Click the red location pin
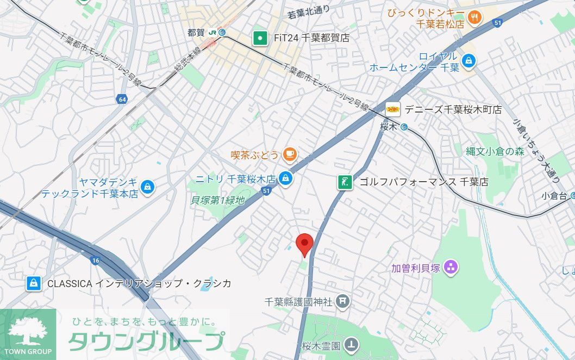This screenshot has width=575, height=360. pos(304,244)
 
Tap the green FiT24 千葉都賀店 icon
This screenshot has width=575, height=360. pos(261,38)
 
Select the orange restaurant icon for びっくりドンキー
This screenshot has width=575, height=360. pos(474,17)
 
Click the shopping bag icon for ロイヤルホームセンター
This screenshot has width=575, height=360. pos(468,61)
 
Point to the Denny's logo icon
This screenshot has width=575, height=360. pos(393,109)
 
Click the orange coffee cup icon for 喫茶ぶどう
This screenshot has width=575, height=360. pos(289,155)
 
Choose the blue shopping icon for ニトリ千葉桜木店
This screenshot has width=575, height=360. pos(285,178)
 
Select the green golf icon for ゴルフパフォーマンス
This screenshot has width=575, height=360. pos(345,182)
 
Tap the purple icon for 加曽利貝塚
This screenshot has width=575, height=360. pos(451,267)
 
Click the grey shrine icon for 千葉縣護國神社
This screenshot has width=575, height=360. pos(342,301)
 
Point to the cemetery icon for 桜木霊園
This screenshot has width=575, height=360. pos(352,344)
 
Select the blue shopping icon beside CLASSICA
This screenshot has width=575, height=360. pos(34,283)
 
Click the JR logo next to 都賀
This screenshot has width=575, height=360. pos(212,33)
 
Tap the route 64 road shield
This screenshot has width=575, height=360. pos(121,99)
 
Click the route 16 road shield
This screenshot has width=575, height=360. pos(96,260)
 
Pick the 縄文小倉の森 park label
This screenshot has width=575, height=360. pos(495,152)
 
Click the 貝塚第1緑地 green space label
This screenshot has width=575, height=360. pos(217,200)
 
